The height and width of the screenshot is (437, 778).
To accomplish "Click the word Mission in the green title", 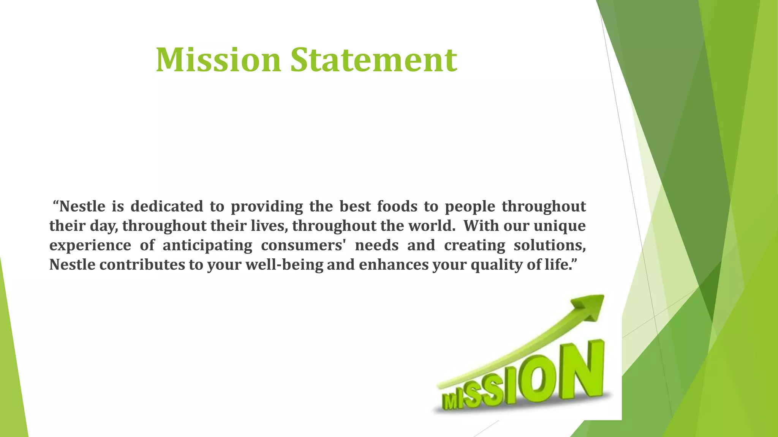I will (x=218, y=60).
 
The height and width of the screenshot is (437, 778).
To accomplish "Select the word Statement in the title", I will (x=374, y=60).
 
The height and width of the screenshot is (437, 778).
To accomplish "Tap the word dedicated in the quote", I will (x=167, y=206).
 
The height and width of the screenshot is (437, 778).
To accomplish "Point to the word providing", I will (x=267, y=206).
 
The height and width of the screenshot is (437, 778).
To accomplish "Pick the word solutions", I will (x=550, y=245).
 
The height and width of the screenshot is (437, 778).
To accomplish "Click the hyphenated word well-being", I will (x=284, y=265).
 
